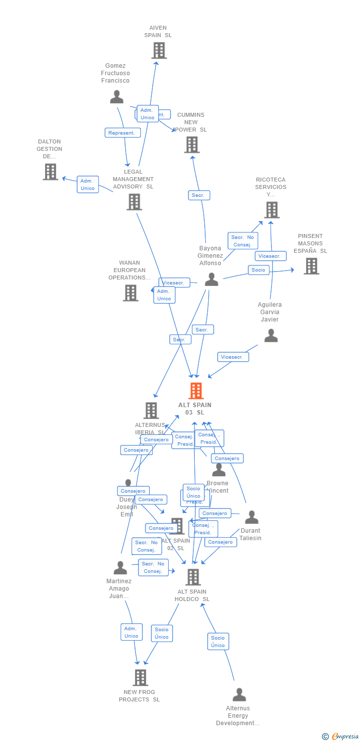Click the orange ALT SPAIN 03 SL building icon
[x=196, y=391]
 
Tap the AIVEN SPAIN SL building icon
[x=159, y=50]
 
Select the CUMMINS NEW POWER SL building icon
[x=191, y=144]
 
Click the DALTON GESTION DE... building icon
[x=50, y=172]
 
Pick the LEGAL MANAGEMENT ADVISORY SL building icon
[x=134, y=202]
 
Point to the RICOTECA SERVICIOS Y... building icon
[x=271, y=210]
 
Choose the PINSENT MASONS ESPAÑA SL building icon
[x=311, y=266]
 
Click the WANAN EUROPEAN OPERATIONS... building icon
[x=131, y=293]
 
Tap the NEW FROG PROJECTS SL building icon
[x=140, y=677]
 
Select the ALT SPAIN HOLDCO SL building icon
[x=193, y=577]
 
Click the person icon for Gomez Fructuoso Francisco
[x=117, y=96]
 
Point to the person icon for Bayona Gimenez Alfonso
[x=211, y=279]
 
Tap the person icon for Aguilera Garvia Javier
[x=270, y=336]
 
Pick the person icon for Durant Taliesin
[x=251, y=517]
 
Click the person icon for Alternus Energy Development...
[x=239, y=695]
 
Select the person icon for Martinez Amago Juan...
[x=120, y=567]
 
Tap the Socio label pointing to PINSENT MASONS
[x=258, y=270]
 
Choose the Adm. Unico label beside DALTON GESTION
[x=88, y=185]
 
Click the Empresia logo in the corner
[x=341, y=737]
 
